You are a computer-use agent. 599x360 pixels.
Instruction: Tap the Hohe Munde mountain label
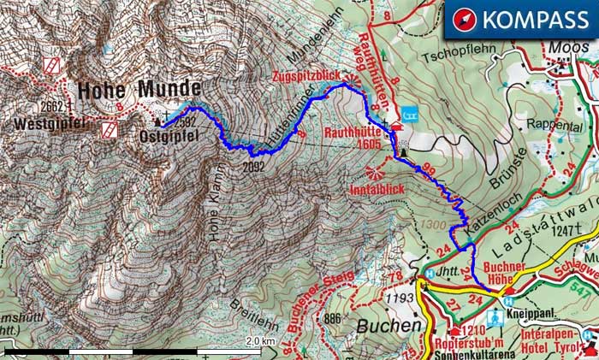pyautogui.click(x=139, y=88)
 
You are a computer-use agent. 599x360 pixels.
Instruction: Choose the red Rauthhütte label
pyautogui.click(x=353, y=133)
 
